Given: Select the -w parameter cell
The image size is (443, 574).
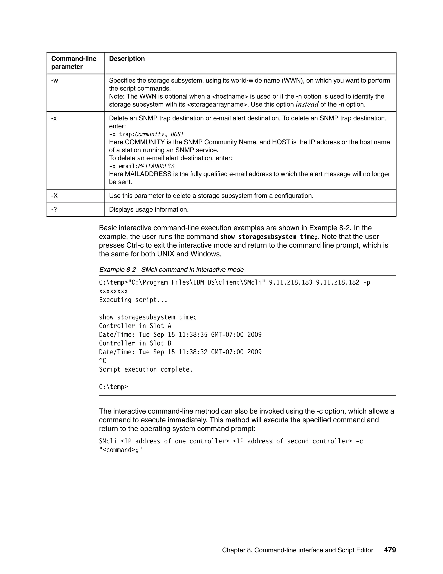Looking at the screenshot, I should coord(55,81).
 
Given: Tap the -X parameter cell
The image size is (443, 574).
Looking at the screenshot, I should coord(54,196).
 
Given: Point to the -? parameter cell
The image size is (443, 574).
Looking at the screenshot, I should coord(54,209).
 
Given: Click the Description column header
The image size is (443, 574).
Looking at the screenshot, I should coord(127,59).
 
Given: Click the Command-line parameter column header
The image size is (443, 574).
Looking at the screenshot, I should coord(74,63).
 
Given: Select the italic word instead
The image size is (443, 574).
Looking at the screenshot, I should coord(307,104).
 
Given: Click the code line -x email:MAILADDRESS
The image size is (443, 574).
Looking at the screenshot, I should coord(141,166).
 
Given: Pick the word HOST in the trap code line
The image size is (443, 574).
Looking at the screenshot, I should coord(177,134).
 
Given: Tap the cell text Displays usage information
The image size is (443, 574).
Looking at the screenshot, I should coord(149,209).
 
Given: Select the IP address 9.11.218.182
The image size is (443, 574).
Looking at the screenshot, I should coord(337,282).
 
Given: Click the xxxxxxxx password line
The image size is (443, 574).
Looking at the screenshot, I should coord(113,291).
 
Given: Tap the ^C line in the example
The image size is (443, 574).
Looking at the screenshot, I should coord(102,361).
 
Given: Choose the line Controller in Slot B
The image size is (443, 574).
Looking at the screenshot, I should coord(135,343).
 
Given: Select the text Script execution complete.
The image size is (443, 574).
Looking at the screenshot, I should coord(146,370).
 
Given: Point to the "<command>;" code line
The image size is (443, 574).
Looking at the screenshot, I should coord(120,450).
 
